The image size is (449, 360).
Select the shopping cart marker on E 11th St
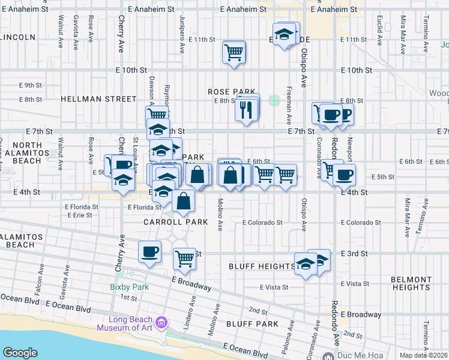[x=234, y=51]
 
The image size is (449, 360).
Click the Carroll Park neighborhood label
[x=176, y=222]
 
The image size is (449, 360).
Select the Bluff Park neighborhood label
[x=252, y=324]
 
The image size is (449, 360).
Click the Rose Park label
[x=228, y=91]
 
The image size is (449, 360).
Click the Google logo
[x=20, y=353]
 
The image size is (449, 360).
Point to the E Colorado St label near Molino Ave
[x=262, y=223]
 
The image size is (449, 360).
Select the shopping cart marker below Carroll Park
[x=184, y=259]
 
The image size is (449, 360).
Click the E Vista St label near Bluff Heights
[x=275, y=287]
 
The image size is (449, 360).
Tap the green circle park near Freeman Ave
[x=274, y=100]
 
